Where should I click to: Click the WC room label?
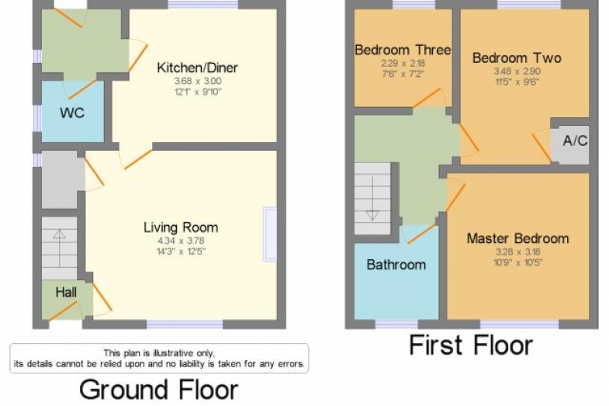click(x=72, y=113)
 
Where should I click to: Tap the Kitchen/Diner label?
click(x=197, y=68)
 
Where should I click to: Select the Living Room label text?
click(x=181, y=227)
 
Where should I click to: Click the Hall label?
click(x=66, y=292)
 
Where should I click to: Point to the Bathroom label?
click(x=396, y=265)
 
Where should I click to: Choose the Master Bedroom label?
click(x=517, y=238)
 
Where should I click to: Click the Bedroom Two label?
click(x=517, y=58)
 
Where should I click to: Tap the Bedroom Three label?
click(x=403, y=50)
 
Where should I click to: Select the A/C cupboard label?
click(x=575, y=141)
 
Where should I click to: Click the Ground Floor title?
click(x=159, y=390)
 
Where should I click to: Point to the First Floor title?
click(x=471, y=345)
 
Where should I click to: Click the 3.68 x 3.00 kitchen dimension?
click(x=198, y=82)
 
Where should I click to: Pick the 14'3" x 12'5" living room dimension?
click(x=181, y=251)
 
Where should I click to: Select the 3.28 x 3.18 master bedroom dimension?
click(x=517, y=252)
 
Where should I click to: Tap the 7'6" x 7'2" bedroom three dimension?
click(x=403, y=74)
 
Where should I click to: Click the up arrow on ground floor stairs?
click(x=60, y=248)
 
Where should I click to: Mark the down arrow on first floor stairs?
click(x=372, y=199)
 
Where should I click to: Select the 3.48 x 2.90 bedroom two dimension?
click(x=517, y=71)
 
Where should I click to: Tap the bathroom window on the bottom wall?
click(x=396, y=324)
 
